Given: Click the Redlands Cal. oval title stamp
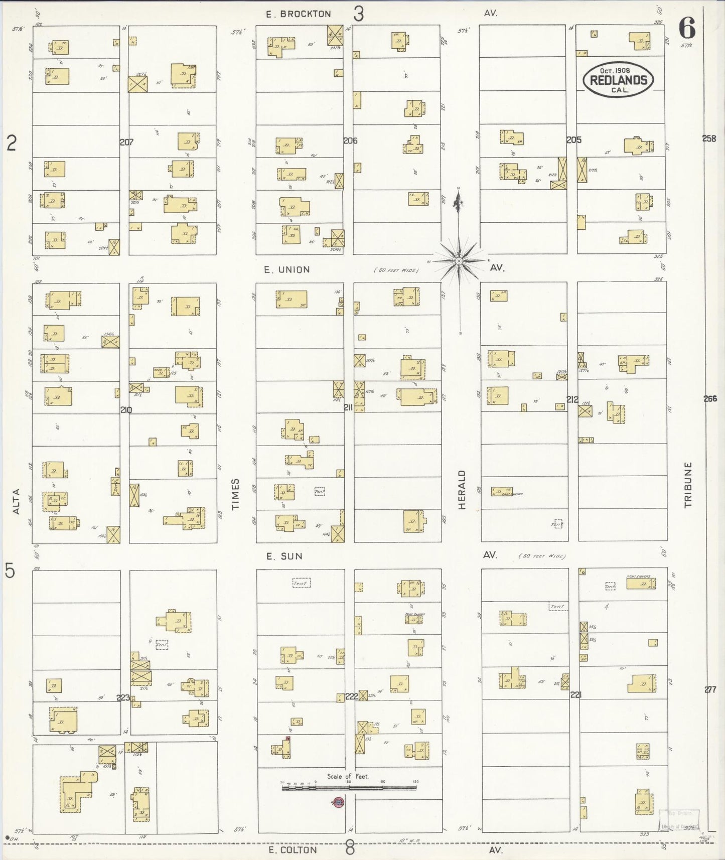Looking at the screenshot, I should tap(618, 80).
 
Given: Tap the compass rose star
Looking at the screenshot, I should tap(459, 261).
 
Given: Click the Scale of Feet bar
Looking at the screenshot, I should tap(349, 788).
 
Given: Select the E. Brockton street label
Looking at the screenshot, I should tap(299, 14).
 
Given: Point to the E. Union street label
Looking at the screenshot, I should tap(287, 270).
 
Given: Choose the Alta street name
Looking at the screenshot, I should tap(16, 501).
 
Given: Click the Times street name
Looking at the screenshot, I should tap(236, 494).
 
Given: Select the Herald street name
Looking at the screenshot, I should tap(462, 490).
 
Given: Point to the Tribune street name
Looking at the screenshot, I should tap(688, 485).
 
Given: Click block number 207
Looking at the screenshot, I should tap(126, 142).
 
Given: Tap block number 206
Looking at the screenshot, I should tap(350, 141).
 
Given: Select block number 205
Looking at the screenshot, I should tap(574, 140).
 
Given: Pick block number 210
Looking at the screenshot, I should tap(126, 410).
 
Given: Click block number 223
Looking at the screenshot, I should tap(123, 697).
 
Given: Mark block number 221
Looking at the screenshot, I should tap(575, 695).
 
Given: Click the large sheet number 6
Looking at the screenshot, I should tap(687, 29).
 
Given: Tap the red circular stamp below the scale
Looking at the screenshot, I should tap(338, 803).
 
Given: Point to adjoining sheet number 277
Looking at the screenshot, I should tap(710, 690).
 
